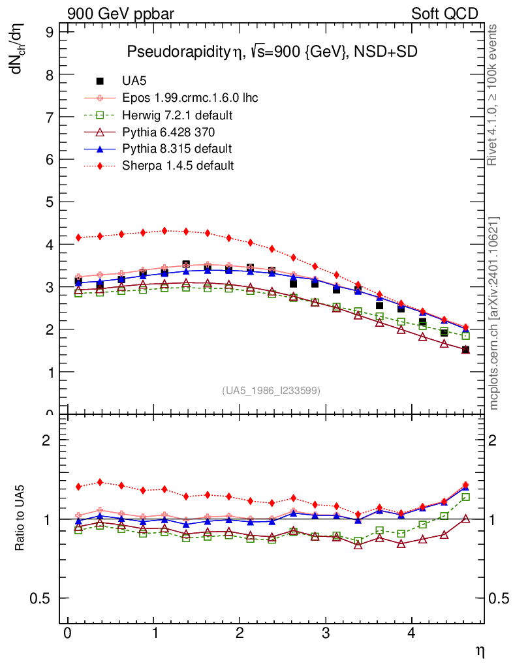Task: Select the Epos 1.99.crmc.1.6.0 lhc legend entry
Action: tap(190, 99)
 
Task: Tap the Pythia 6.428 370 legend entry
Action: tap(168, 132)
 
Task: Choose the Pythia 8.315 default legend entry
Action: tap(177, 149)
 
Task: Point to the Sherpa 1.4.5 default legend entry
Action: tap(178, 166)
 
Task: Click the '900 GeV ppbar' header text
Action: tap(121, 14)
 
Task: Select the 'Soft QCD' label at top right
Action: tap(444, 14)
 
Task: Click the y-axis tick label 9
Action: tap(50, 31)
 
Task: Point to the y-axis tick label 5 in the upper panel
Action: tap(50, 202)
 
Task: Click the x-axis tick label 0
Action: tap(68, 635)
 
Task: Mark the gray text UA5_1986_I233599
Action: tap(272, 391)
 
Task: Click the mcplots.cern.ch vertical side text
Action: tap(494, 313)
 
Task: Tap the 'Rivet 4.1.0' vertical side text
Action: tap(494, 95)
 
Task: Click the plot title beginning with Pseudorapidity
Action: tap(272, 52)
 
